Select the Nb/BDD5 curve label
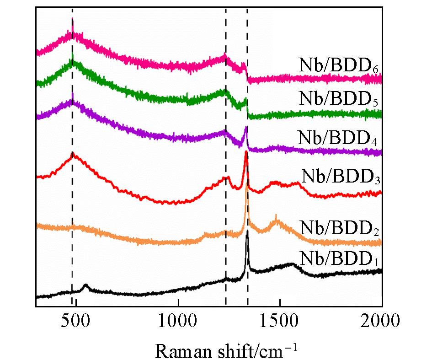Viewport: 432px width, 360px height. click(341, 99)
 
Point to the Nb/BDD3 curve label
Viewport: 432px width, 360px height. click(341, 176)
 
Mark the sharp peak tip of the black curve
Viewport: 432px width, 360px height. click(248, 232)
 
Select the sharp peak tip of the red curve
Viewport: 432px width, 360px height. click(246, 151)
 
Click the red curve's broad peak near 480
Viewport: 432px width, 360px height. click(73, 156)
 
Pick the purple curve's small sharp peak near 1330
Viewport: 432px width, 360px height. click(246, 127)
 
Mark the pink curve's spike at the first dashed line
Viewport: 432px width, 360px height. click(73, 19)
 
